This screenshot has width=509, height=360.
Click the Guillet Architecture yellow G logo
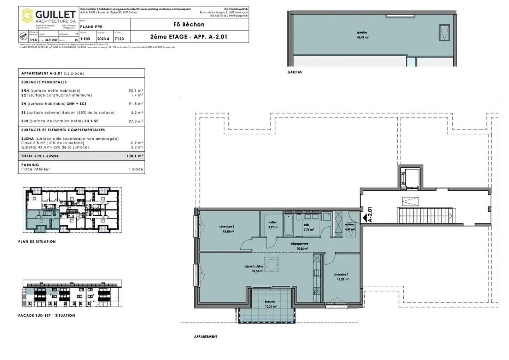27,16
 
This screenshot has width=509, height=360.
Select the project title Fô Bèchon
189,24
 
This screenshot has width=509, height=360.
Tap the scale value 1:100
85,39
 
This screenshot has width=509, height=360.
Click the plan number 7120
119,39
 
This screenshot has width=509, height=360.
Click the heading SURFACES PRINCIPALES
44,82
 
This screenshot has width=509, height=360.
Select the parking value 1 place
136,169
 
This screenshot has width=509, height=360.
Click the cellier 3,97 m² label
273,225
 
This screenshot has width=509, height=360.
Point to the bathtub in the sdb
288,225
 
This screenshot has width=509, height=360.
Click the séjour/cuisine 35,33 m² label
254,268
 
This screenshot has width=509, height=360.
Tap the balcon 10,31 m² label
270,304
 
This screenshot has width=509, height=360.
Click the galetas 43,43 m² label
362,35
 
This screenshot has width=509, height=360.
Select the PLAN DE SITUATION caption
37,242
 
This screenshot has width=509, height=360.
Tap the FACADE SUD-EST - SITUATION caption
47,315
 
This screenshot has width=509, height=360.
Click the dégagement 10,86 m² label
299,246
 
